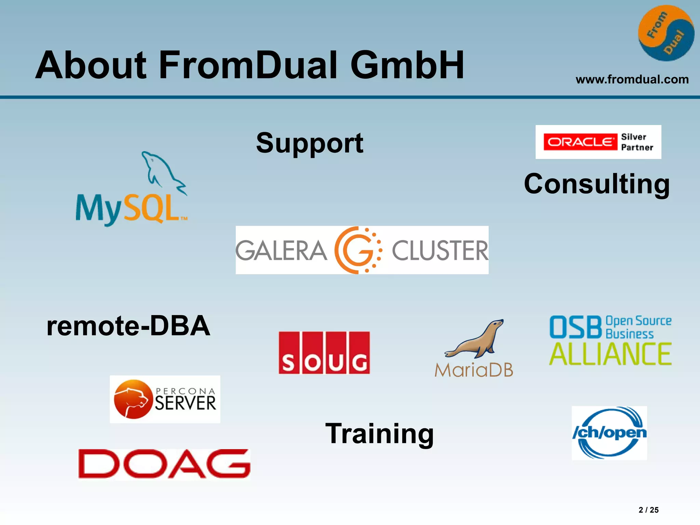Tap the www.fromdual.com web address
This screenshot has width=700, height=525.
point(632,80)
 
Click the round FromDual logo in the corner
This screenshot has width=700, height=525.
point(666,33)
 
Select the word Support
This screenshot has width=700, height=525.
point(310,143)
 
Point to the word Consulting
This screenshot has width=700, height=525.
point(597,184)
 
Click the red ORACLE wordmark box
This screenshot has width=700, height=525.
point(580,142)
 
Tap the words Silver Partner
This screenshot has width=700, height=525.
point(637,142)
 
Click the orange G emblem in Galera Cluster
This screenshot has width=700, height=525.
point(357,250)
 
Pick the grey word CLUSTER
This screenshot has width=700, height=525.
point(440,251)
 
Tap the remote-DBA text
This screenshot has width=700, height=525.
point(128,326)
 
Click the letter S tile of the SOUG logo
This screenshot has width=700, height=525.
point(289,353)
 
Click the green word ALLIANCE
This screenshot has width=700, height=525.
point(610,354)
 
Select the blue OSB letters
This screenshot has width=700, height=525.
point(576,327)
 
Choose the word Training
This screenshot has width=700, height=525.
point(379,433)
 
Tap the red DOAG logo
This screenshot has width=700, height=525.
point(164,464)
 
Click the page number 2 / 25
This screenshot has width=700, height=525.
point(648,510)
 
